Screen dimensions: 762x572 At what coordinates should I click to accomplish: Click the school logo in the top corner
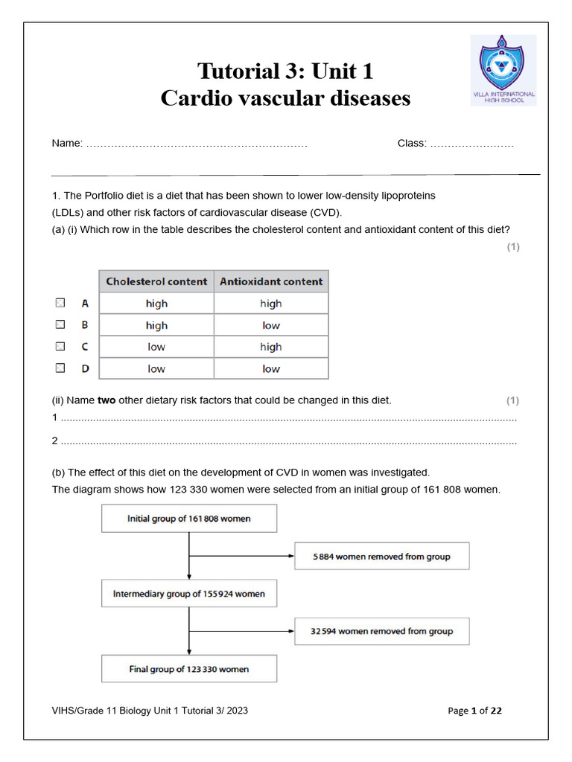(x=503, y=69)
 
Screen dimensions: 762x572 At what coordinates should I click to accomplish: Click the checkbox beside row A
(x=60, y=303)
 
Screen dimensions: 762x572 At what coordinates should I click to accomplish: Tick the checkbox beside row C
(x=60, y=346)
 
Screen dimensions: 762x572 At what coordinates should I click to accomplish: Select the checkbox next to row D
(x=60, y=368)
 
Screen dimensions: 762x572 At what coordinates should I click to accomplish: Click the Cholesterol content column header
(x=156, y=281)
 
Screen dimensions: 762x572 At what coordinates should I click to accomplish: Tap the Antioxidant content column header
(x=271, y=281)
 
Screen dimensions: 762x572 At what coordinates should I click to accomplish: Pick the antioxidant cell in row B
(x=271, y=325)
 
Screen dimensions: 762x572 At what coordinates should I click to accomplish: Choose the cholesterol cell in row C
(x=156, y=347)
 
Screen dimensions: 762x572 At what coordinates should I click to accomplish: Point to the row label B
(x=85, y=325)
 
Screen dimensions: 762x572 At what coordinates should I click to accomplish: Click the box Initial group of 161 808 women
(x=189, y=519)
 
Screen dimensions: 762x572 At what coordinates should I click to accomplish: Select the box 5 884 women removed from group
(x=381, y=556)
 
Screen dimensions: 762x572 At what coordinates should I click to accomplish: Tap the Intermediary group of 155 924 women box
(x=189, y=594)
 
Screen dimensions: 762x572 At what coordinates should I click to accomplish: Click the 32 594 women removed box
(x=381, y=631)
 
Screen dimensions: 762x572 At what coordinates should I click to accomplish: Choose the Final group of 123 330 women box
(x=189, y=669)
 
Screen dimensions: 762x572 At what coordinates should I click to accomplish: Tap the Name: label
(x=67, y=143)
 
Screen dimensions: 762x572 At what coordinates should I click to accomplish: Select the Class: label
(x=412, y=143)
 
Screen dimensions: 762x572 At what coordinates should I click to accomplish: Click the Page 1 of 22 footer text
(x=474, y=711)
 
